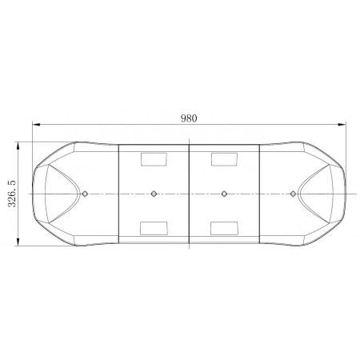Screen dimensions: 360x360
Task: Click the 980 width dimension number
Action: tap(189, 118)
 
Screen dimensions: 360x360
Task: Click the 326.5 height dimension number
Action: tap(11, 194)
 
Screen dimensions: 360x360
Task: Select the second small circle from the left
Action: tap(154, 193)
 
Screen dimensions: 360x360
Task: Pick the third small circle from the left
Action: tap(224, 193)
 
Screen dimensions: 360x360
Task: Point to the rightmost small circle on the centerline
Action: tap(293, 193)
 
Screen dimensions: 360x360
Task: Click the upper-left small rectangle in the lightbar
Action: tap(152, 158)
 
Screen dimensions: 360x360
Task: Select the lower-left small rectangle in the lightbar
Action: tap(152, 228)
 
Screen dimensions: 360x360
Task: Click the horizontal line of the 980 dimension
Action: tap(120, 125)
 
